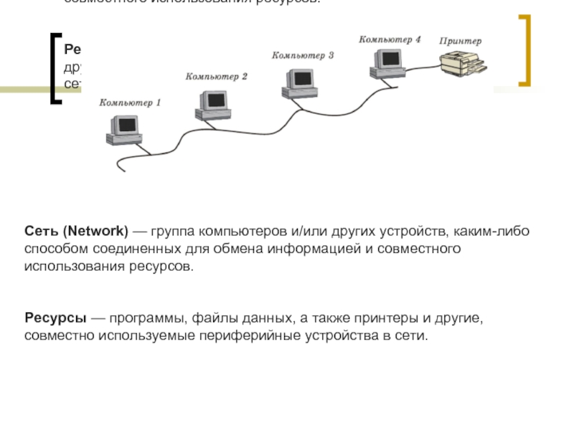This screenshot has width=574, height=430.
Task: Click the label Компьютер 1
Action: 130,102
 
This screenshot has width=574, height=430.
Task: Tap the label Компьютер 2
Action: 216,76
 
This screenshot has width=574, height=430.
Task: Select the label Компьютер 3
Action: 303,55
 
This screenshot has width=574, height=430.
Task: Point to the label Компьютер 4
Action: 390,39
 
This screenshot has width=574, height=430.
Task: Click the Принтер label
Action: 461,42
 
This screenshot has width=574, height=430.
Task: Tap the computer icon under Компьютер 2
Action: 209,103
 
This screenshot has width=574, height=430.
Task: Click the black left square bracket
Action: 55,68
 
